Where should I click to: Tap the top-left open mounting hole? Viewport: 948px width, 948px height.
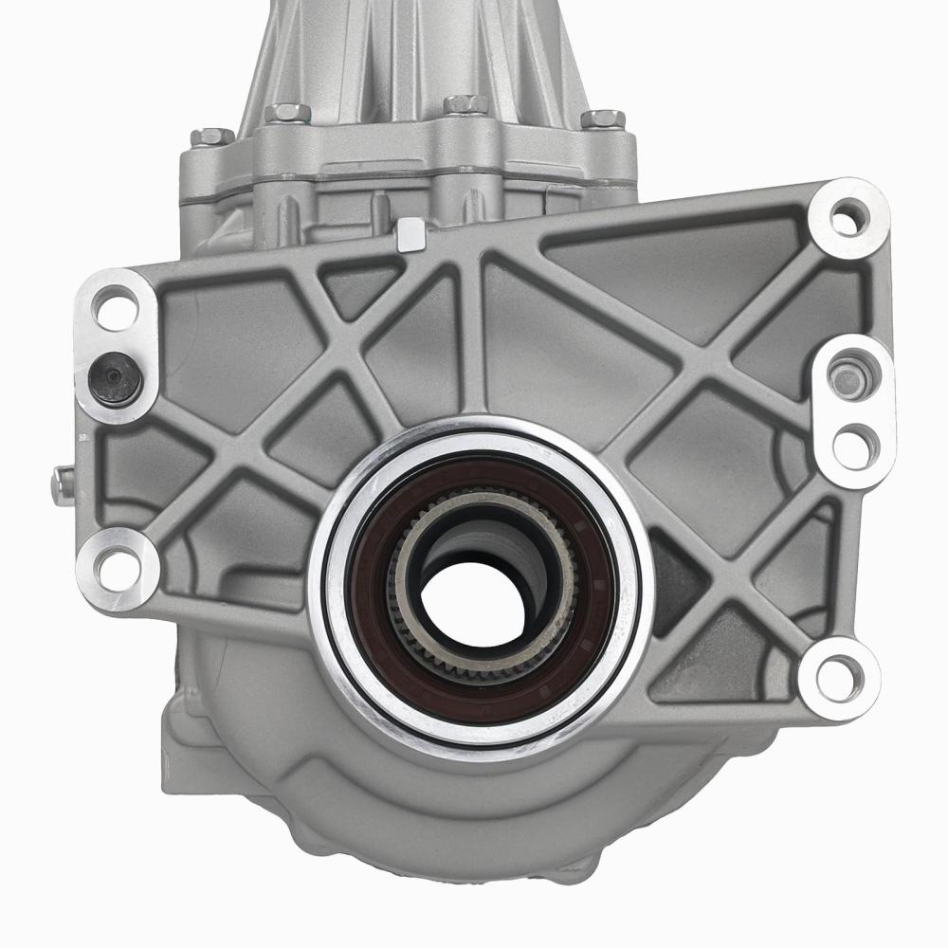point(117,309)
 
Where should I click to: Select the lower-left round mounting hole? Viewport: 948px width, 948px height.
point(115,567)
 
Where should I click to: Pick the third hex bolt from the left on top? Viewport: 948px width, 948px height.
point(465,103)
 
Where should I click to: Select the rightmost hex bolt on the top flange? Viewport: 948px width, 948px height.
point(603,119)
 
